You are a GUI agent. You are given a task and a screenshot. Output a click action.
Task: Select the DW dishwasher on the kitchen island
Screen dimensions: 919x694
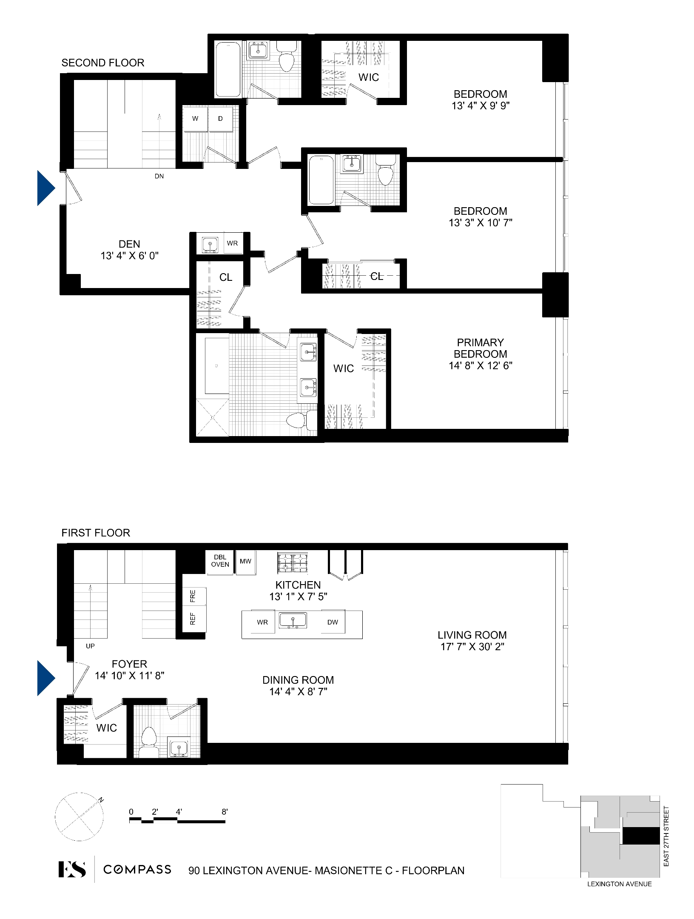333,622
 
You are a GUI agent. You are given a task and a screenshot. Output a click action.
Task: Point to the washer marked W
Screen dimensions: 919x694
195,119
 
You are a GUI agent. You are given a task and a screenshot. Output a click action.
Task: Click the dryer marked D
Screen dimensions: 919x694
220,119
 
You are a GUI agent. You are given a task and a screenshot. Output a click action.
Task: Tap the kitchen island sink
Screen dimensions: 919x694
293,621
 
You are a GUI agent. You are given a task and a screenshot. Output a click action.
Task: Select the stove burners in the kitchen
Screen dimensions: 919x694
293,562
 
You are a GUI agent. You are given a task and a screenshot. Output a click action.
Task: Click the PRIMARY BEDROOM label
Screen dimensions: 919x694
480,348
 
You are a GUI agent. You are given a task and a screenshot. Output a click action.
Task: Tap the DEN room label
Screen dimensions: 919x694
129,244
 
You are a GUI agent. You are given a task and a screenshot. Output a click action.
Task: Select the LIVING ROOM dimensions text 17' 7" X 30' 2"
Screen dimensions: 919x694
472,647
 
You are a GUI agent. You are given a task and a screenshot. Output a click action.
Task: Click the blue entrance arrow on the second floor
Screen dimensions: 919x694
46,188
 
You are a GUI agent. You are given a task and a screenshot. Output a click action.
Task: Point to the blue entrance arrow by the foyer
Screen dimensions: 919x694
46,678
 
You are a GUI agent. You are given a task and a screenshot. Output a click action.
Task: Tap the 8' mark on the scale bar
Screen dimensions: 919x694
225,812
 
